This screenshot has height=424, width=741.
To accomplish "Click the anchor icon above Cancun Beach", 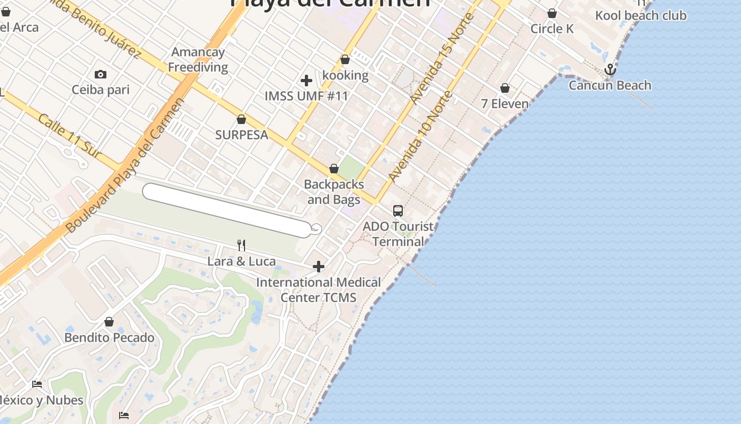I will pyautogui.click(x=610, y=69).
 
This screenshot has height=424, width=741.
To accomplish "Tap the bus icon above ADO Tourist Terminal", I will pyautogui.click(x=398, y=211).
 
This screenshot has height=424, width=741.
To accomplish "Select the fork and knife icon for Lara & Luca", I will pyautogui.click(x=241, y=245).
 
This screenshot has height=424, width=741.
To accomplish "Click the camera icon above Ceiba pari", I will pyautogui.click(x=100, y=74).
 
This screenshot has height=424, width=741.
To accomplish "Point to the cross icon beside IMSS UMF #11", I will pyautogui.click(x=306, y=81).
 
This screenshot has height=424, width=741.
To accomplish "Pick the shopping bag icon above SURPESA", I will pyautogui.click(x=241, y=119).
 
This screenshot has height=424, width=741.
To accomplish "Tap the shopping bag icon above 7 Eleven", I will pyautogui.click(x=505, y=88).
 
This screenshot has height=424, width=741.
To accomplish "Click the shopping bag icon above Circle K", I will pyautogui.click(x=552, y=13).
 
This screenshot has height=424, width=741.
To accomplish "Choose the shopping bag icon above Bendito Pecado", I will pyautogui.click(x=109, y=322).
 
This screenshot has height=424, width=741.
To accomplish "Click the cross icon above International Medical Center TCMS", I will pyautogui.click(x=319, y=266).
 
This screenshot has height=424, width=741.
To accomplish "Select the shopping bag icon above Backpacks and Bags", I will pyautogui.click(x=334, y=169).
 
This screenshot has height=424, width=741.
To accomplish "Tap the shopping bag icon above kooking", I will pyautogui.click(x=345, y=59).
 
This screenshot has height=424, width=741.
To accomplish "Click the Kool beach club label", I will pyautogui.click(x=640, y=15).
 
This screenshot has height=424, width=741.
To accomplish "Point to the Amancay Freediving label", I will pyautogui.click(x=198, y=59).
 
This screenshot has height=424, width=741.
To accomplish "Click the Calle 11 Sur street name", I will pyautogui.click(x=69, y=135).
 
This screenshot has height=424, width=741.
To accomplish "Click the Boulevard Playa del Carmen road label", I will pyautogui.click(x=125, y=166).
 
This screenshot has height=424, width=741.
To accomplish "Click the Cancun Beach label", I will pyautogui.click(x=610, y=85).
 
